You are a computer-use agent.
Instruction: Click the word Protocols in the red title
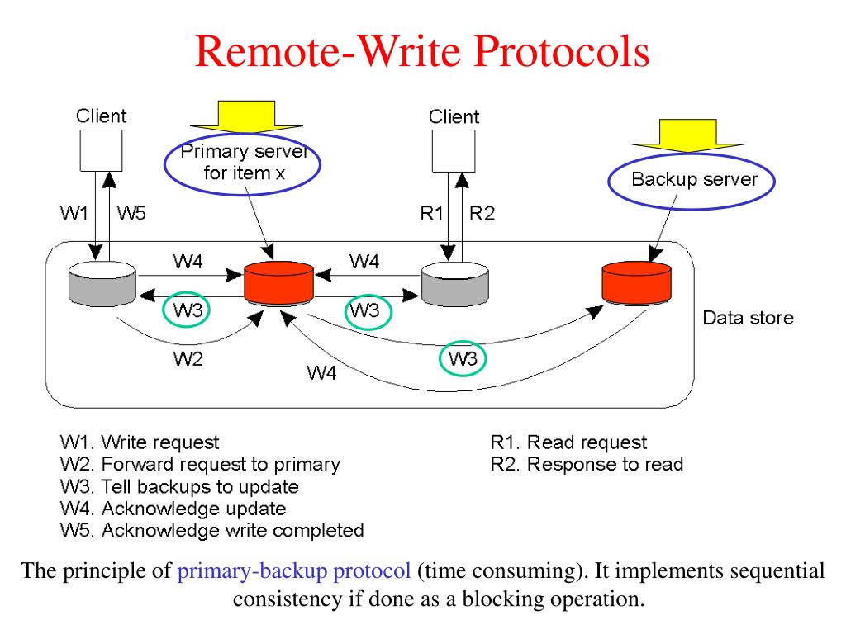561,52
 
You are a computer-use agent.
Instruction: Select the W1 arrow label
74,213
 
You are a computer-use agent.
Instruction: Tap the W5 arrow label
131,213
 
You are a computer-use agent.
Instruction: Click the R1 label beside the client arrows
431,214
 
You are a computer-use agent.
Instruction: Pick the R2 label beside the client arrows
482,214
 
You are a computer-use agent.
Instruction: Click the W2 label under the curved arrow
188,358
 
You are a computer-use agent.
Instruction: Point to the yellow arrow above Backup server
688,136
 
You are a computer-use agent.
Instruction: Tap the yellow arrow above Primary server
246,116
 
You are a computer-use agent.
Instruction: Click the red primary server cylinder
278,284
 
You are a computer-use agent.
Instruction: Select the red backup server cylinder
637,282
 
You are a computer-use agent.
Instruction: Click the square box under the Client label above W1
101,150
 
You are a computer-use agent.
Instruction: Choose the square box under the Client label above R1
454,151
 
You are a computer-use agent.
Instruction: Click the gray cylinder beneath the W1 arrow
102,284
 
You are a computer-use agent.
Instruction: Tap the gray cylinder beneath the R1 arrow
455,284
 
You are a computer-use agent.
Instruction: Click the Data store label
748,318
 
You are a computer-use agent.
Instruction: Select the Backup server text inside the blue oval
694,179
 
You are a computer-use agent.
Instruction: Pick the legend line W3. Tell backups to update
179,486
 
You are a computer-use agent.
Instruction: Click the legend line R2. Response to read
587,464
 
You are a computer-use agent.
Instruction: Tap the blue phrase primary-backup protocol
294,571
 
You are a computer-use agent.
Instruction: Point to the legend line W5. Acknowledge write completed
212,531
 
